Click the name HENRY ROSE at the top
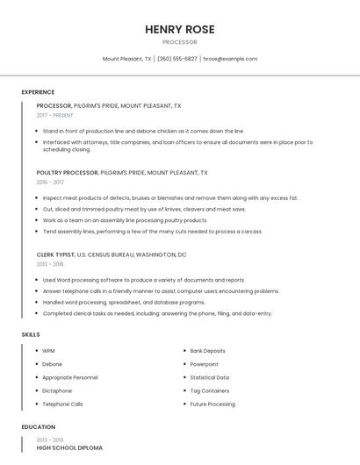click(179, 29)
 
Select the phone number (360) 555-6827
click(177, 59)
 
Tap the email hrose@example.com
click(230, 59)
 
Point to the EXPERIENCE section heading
click(38, 92)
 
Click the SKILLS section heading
click(31, 334)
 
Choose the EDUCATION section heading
click(38, 426)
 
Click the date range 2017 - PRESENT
click(55, 115)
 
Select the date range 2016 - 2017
click(50, 182)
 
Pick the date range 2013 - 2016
click(50, 263)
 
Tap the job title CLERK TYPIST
click(55, 254)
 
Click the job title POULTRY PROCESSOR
click(67, 173)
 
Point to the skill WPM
click(48, 351)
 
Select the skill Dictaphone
click(57, 390)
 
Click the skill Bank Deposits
click(207, 351)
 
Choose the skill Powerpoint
click(204, 364)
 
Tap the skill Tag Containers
click(209, 390)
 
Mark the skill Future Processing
click(212, 404)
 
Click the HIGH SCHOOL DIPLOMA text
click(69, 447)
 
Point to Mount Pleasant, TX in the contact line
click(127, 59)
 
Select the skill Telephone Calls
click(62, 404)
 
